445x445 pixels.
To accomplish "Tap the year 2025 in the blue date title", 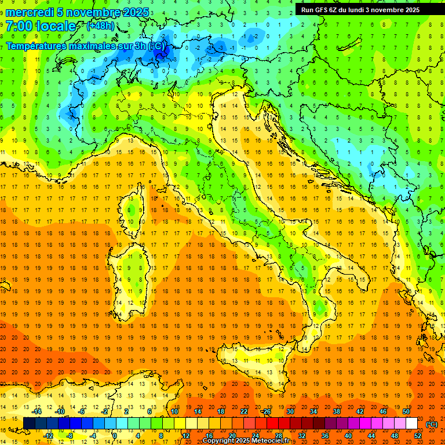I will click(x=135, y=12).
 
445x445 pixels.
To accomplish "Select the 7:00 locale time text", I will click(x=41, y=26).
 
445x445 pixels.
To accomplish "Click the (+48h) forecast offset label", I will click(x=100, y=26).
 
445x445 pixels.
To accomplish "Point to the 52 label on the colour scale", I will click(x=418, y=436).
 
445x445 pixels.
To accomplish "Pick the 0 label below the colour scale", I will click(x=115, y=436).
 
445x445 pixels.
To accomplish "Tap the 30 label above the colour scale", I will click(x=290, y=411).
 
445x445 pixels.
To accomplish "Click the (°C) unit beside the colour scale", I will click(x=432, y=424).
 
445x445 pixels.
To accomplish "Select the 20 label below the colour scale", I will click(x=232, y=436).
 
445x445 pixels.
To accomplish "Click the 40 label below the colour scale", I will click(x=348, y=436).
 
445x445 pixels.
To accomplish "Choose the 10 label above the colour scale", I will click(x=174, y=411).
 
